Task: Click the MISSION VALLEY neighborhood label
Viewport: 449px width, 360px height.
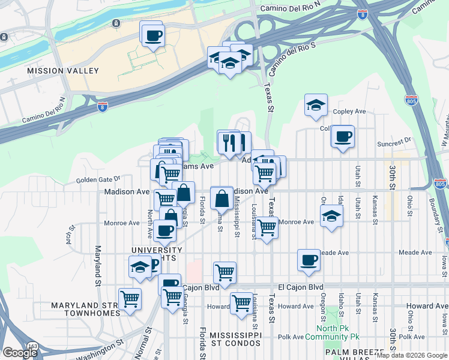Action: [x=63, y=71]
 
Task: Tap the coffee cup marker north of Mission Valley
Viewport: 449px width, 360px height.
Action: [x=153, y=34]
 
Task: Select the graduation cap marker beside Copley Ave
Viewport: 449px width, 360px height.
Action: [x=315, y=106]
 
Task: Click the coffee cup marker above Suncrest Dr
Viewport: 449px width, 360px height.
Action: [x=343, y=136]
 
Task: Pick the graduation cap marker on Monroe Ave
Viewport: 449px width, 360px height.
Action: [x=331, y=216]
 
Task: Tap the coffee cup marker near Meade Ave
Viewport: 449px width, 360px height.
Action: [x=309, y=260]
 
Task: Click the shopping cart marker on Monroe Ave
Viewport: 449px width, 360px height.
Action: [x=267, y=227]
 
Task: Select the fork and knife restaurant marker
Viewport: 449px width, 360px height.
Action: [x=229, y=142]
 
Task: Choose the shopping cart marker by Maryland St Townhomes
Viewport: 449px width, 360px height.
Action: [x=130, y=299]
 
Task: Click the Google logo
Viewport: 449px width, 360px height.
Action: [x=20, y=352]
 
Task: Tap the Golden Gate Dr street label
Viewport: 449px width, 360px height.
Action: [x=98, y=178]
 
